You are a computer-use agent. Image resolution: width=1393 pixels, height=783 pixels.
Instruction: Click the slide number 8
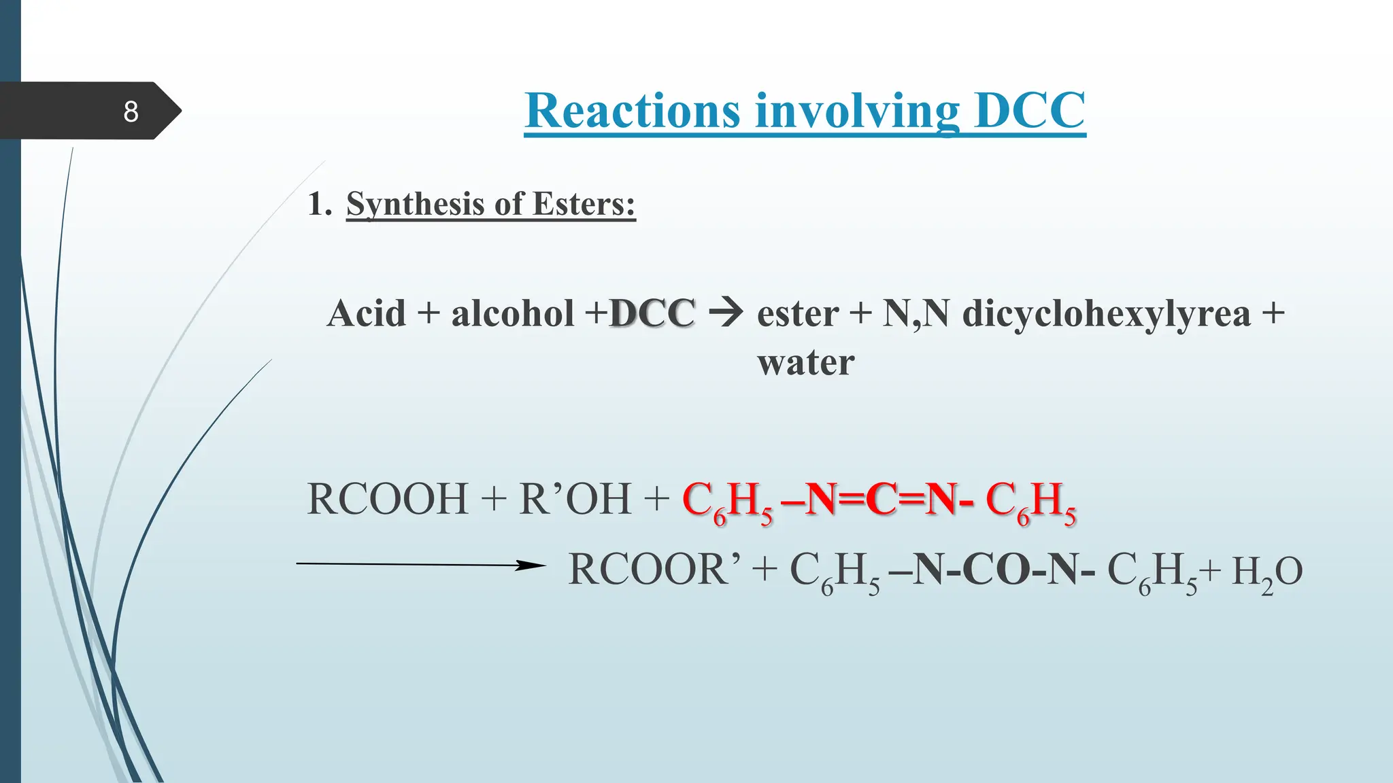pos(131,111)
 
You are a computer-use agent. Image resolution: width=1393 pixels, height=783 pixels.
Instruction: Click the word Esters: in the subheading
pos(584,204)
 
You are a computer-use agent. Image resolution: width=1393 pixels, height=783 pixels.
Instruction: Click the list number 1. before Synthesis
pos(320,204)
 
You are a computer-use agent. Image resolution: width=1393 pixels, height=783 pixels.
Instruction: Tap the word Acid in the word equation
pos(366,313)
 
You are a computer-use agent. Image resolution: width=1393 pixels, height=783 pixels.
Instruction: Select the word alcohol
pos(513,313)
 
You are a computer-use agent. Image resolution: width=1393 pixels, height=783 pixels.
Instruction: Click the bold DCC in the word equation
pos(652,313)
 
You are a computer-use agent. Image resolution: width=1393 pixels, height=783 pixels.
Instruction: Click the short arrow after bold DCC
pos(726,313)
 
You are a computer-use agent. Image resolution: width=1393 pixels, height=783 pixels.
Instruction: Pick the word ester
pos(798,315)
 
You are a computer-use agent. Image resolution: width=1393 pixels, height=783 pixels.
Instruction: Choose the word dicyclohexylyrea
pos(1106,315)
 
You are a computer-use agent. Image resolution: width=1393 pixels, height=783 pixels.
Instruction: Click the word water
pos(806,362)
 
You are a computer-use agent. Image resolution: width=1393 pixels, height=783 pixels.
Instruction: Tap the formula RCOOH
pos(388,499)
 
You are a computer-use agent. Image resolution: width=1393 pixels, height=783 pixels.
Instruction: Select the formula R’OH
pos(575,499)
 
